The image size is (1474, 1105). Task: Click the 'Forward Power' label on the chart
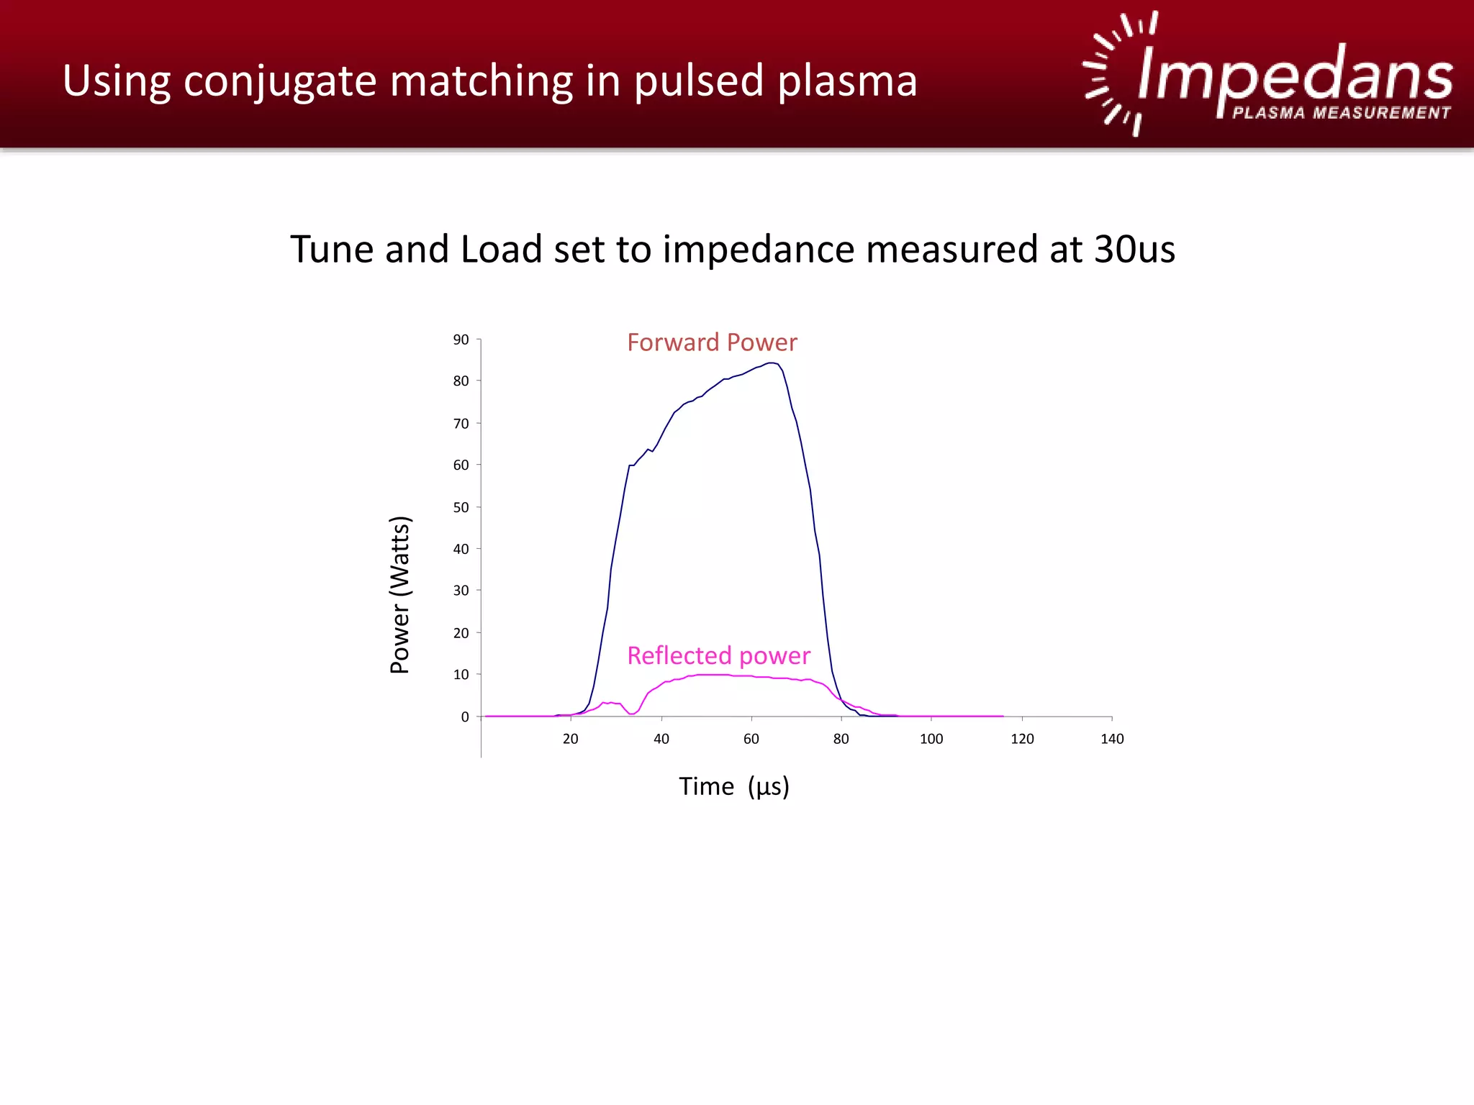point(711,342)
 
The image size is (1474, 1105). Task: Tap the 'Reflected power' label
point(718,655)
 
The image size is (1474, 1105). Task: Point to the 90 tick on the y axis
point(461,340)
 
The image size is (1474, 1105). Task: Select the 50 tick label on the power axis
point(461,507)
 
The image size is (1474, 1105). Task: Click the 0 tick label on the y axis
point(465,717)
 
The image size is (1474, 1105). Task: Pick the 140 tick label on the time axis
point(1111,739)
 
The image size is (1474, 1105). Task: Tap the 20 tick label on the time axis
point(570,739)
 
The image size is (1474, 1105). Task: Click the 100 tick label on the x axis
point(931,739)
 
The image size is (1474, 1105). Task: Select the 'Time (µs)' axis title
point(733,786)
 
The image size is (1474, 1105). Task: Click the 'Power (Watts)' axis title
point(399,594)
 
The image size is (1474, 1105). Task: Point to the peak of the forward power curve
point(771,363)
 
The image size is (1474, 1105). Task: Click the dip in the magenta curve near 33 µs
point(631,714)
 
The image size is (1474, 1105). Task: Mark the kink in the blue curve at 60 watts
point(630,465)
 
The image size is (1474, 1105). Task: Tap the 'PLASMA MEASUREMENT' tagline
point(1341,113)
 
